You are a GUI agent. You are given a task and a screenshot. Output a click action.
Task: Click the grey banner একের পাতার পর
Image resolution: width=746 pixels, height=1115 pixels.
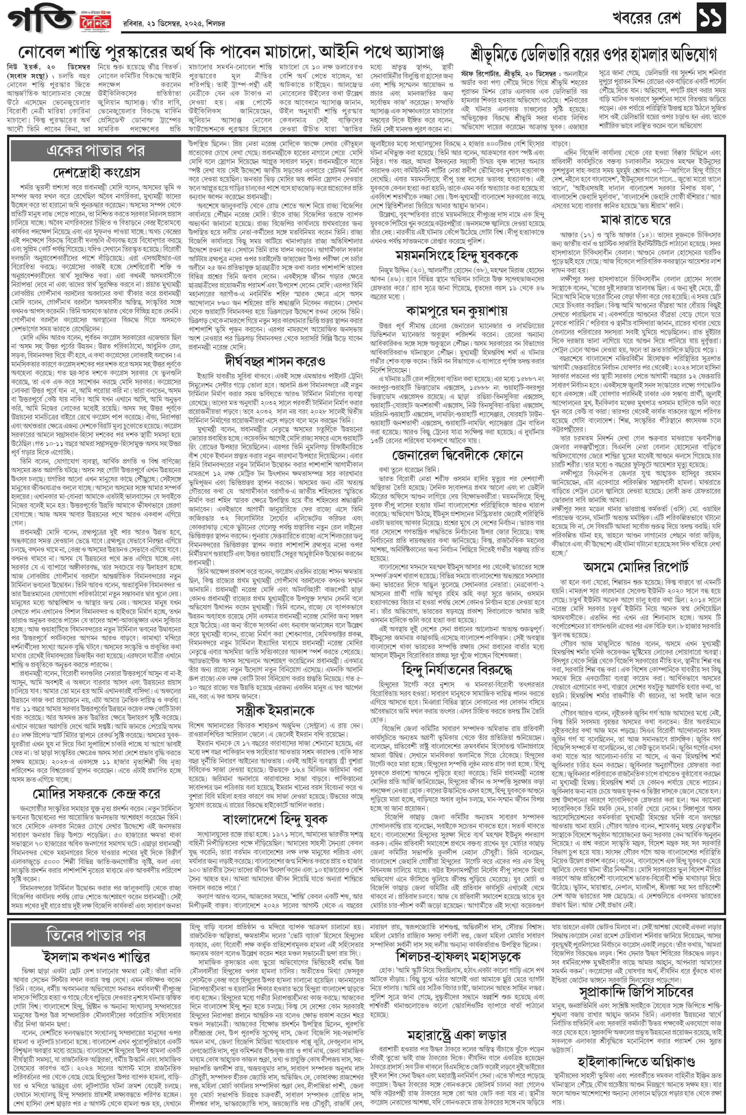tap(96, 150)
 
